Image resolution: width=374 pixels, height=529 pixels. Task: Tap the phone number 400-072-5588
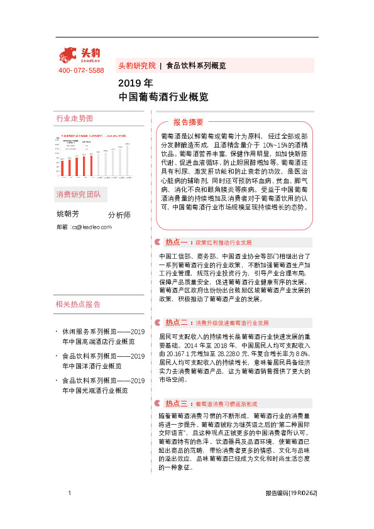coord(81,70)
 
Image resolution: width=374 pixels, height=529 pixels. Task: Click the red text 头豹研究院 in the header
coord(136,65)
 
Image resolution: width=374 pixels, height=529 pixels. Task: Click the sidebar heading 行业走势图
coord(74,118)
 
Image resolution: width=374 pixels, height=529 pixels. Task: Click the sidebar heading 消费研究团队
coord(78,193)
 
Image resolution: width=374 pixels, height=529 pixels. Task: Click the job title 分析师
coord(119,215)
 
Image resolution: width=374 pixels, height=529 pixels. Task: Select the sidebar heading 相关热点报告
coord(78,305)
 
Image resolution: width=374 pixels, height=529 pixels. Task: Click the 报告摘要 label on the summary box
coord(188,122)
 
